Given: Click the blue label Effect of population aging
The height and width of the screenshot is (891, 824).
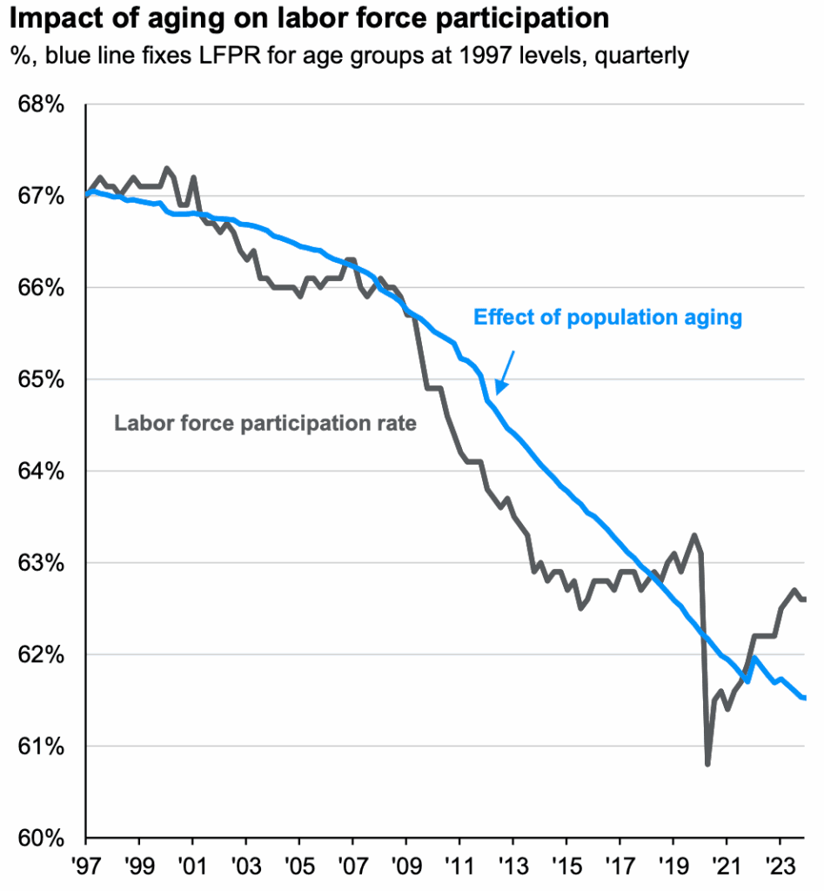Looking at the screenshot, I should point(607,318).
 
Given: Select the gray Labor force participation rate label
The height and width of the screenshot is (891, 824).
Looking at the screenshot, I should point(265,424).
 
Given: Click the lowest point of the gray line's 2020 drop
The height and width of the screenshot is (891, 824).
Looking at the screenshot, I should point(707,764).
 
